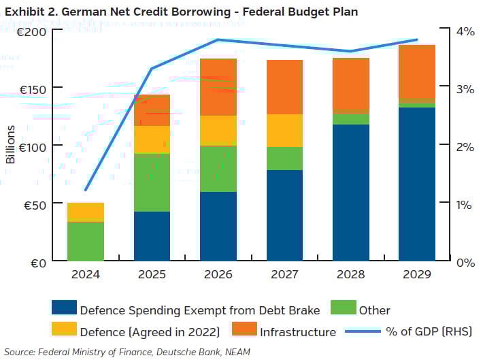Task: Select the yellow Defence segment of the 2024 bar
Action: pos(86,212)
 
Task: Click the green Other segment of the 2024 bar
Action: pos(86,241)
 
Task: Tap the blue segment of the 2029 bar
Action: pos(416,184)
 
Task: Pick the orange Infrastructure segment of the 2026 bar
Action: pos(218,87)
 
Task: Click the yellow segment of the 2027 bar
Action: pos(284,131)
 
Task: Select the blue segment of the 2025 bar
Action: pos(152,236)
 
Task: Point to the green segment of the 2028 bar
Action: pos(350,119)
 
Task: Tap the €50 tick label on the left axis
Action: pos(31,204)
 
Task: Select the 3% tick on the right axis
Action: pos(465,88)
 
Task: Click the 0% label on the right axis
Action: pos(465,263)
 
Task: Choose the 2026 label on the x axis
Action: pos(218,276)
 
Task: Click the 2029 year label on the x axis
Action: pos(416,276)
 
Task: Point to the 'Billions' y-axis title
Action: pos(10,144)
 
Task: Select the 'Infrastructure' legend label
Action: pos(297,332)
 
